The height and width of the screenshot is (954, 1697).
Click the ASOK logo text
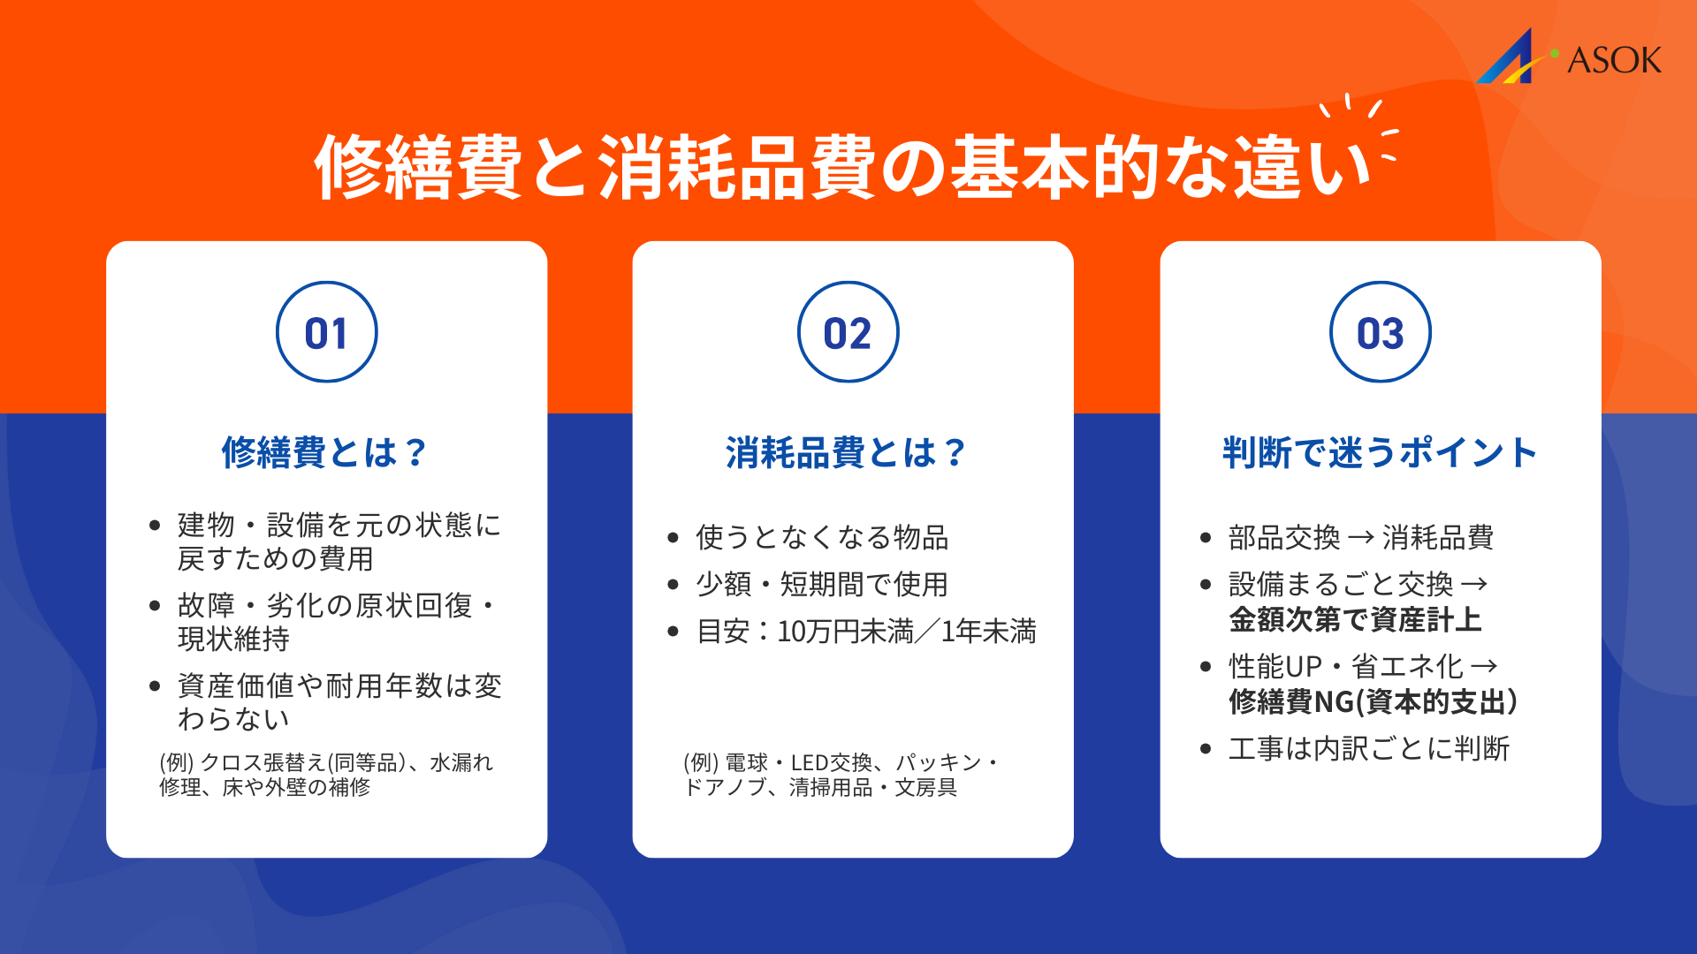(1614, 60)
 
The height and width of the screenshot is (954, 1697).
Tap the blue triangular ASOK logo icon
(1510, 60)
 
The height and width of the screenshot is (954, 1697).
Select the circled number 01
(326, 333)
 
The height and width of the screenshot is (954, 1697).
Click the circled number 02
(848, 333)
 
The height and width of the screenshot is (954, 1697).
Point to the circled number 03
(1380, 333)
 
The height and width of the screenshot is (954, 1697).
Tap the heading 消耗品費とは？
(846, 452)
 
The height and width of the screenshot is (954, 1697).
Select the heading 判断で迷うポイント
(1380, 452)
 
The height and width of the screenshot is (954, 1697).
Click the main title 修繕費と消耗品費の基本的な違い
(841, 168)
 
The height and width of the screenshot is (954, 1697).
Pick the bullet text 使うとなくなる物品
(822, 537)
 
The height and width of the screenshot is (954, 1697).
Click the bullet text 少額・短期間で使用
(822, 584)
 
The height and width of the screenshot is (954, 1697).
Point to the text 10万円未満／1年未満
(906, 632)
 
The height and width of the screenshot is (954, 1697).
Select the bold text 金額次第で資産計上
(1355, 620)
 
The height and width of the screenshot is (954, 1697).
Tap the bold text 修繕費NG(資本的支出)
(1374, 702)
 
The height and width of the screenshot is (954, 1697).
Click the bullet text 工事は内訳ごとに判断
(1369, 749)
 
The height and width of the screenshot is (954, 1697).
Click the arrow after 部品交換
(1361, 537)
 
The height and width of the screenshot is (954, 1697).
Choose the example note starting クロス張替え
(326, 775)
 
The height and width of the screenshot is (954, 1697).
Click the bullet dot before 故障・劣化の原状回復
(156, 606)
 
